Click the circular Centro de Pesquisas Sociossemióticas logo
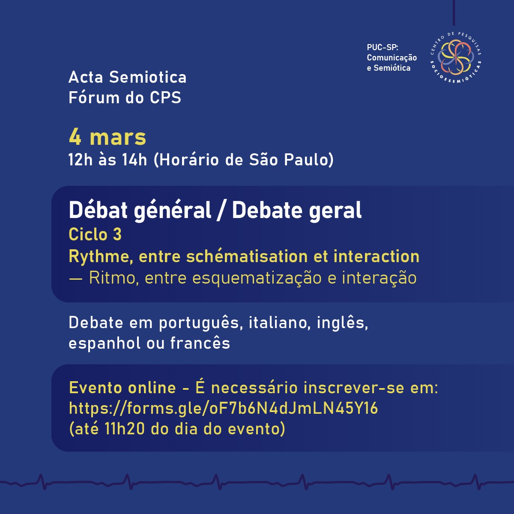point(456,57)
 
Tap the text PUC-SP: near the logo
point(383,48)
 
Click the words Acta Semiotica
point(128,78)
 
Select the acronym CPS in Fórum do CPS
point(165,97)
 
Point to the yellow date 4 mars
point(108,137)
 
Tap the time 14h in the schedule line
point(134,160)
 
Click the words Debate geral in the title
point(297,210)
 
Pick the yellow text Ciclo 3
point(95,234)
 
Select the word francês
point(200,343)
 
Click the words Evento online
point(123,388)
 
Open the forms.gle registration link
point(223,408)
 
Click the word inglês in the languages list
point(343,323)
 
